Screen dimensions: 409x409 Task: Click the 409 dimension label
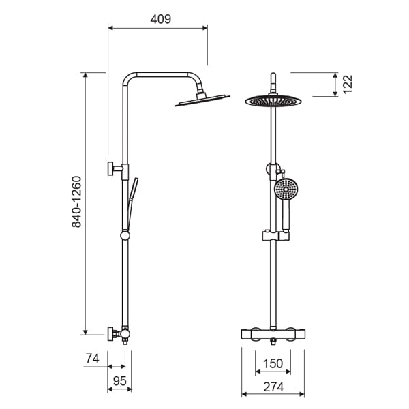[x=161, y=19]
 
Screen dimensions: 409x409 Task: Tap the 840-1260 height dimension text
[x=76, y=202]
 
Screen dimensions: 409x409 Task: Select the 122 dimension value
[x=348, y=84]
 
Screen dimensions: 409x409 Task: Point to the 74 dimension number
[x=92, y=358]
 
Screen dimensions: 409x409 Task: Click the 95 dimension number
[x=120, y=381]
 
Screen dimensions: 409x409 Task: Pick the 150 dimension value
[x=273, y=363]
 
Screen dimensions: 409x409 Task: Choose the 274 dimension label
[x=273, y=387]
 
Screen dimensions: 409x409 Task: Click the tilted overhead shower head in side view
[x=202, y=100]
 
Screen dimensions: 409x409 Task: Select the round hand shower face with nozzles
[x=286, y=190]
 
